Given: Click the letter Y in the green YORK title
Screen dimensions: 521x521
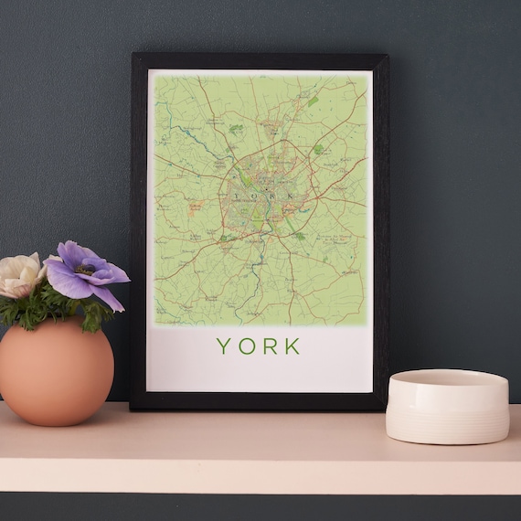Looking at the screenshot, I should coord(222,346).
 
